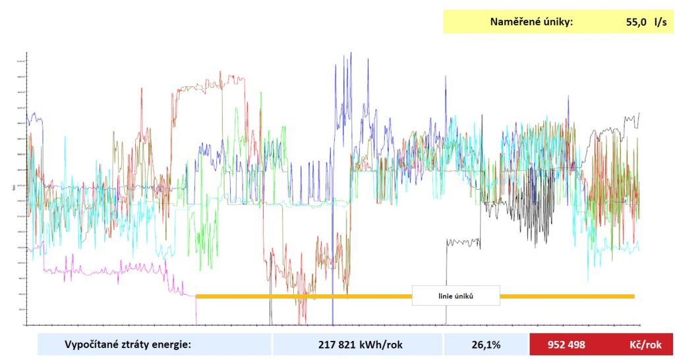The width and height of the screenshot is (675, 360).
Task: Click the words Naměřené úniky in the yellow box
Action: (531, 22)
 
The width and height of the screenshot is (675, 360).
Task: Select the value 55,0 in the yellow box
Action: (637, 22)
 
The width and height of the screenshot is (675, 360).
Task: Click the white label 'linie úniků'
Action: (455, 295)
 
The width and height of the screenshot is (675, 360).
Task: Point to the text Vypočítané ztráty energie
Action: (127, 344)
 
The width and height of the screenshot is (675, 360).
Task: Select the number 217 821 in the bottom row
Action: (336, 344)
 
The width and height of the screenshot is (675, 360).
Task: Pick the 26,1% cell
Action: (486, 344)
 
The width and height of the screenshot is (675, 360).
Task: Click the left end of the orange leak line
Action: (197, 297)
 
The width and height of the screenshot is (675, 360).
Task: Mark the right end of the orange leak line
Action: (633, 297)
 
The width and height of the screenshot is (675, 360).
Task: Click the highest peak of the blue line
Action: (351, 53)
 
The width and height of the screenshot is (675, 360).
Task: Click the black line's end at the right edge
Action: (639, 113)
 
